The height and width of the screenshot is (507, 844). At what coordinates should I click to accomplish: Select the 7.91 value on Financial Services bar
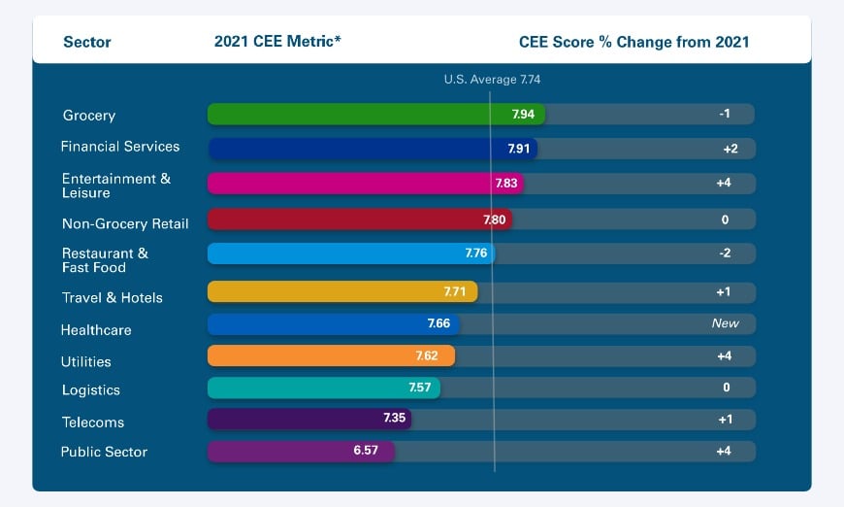click(x=519, y=149)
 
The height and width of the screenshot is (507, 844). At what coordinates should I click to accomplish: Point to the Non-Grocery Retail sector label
click(x=125, y=223)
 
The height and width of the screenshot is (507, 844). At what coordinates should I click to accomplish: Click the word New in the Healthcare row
click(x=725, y=323)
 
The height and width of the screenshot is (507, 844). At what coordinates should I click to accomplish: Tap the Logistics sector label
click(x=91, y=390)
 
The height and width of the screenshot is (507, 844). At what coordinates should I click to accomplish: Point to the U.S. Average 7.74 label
click(x=492, y=80)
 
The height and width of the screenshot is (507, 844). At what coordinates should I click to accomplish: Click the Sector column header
click(x=87, y=42)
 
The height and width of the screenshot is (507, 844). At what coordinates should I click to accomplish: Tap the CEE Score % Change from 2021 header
click(x=634, y=42)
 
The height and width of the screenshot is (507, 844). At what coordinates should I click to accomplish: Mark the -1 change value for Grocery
click(x=725, y=114)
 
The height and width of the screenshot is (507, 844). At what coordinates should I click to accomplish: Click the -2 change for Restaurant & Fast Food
click(x=725, y=253)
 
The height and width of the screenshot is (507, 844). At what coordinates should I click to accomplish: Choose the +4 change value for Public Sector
click(x=725, y=452)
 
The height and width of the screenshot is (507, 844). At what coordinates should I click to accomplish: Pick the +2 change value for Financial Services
click(x=725, y=149)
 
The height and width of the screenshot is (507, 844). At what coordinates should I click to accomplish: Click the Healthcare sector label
click(x=96, y=330)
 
